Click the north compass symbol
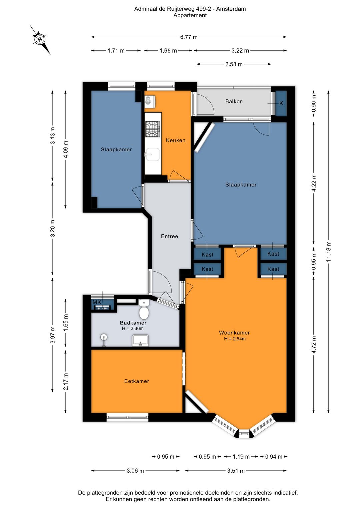[40, 40]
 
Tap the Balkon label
[234, 102]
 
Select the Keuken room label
[176, 140]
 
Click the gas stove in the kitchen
[153, 129]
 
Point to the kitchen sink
[152, 154]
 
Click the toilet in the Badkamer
[144, 310]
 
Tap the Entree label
[169, 236]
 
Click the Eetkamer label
[137, 381]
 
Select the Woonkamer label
[234, 333]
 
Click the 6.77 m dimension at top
[189, 37]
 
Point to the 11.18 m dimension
[328, 251]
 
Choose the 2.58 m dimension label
[234, 64]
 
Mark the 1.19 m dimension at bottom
[241, 457]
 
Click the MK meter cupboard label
[97, 302]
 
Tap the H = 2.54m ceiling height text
[235, 339]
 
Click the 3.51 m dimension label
[236, 471]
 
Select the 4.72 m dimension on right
[314, 345]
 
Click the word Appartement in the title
[190, 15]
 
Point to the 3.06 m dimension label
[135, 471]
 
